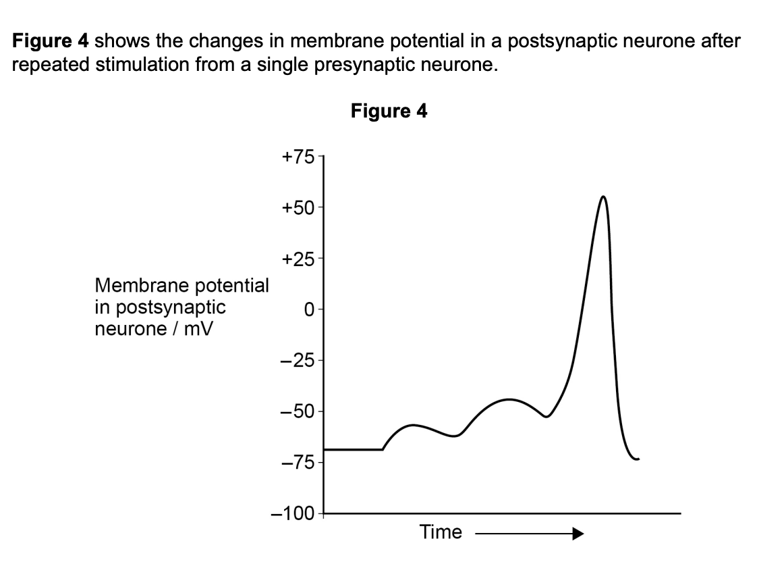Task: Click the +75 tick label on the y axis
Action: [x=298, y=157]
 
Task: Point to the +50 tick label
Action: [x=298, y=207]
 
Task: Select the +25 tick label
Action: [x=298, y=259]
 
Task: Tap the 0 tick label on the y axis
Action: [x=308, y=310]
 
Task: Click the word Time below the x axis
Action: [x=441, y=532]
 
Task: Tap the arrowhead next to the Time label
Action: [x=576, y=534]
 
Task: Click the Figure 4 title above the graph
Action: [x=389, y=111]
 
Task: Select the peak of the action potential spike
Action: [x=602, y=197]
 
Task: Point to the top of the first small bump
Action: [x=413, y=425]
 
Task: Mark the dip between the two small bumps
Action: [x=455, y=436]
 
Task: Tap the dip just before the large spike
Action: [x=545, y=416]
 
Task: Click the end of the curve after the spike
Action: [x=638, y=459]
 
